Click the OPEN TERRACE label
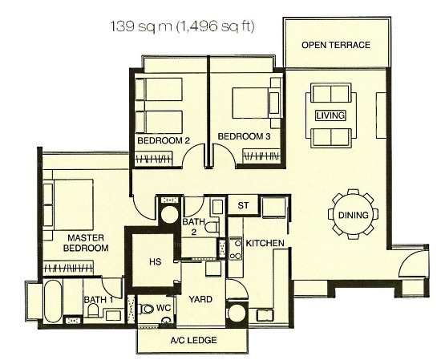tap(336, 45)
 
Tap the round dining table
tap(354, 214)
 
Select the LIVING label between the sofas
tap(330, 115)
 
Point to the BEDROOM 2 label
tap(164, 140)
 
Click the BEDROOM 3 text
tap(244, 136)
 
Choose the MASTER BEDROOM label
tap(86, 243)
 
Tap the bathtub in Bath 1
tap(53, 301)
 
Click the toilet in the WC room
tap(147, 309)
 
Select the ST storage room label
tap(243, 205)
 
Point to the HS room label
tap(155, 262)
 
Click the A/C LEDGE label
tap(193, 340)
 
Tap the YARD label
tap(200, 299)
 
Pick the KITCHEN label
tap(265, 243)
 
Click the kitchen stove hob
tap(235, 249)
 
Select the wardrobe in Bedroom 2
tap(154, 159)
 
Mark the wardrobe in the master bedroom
tap(68, 268)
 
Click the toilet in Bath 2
tap(212, 227)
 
